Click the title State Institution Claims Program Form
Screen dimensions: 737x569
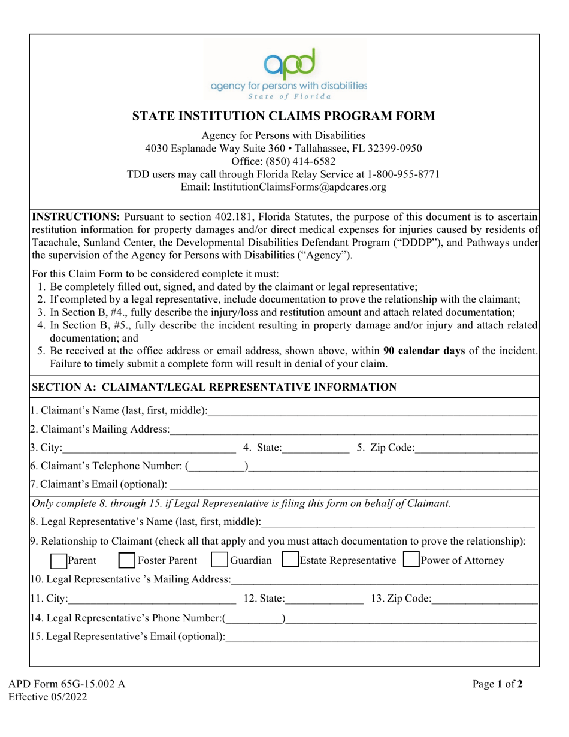(284, 116)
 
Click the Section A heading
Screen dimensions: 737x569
(213, 388)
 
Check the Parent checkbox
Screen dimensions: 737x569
(58, 561)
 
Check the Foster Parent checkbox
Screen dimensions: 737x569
(126, 561)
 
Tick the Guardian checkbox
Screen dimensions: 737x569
(220, 561)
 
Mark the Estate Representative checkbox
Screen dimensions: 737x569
(290, 561)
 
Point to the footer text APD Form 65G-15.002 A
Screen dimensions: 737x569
(66, 684)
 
